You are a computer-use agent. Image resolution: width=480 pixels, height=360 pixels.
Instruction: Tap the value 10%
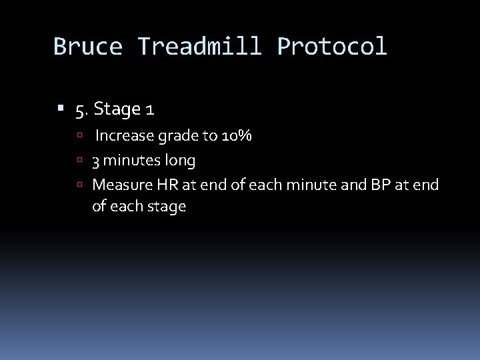(x=234, y=137)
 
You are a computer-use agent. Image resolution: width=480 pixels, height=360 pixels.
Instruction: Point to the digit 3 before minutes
(x=97, y=161)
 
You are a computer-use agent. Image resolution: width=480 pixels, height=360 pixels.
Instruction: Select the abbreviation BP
(x=379, y=184)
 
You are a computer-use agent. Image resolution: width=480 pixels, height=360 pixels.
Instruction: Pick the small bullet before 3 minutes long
(x=79, y=161)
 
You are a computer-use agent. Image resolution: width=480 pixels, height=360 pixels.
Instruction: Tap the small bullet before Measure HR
(x=79, y=185)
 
